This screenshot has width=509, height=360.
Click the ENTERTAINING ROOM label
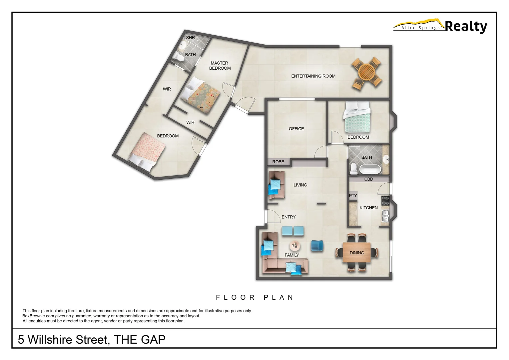(313, 76)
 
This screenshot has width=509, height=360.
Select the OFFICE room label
(296, 129)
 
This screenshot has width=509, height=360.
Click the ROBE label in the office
(278, 162)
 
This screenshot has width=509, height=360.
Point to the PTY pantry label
(353, 196)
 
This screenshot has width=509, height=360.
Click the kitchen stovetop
(385, 200)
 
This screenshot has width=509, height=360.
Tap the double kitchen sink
(385, 216)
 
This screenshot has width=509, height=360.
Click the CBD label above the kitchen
(368, 179)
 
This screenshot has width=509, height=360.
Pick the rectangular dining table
(357, 253)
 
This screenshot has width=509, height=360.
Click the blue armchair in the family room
(317, 246)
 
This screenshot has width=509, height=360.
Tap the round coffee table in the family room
(294, 246)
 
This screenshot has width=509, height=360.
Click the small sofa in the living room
(276, 185)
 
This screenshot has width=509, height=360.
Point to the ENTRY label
(288, 217)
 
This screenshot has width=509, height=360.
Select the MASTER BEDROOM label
(220, 66)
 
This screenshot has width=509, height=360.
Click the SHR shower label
(190, 38)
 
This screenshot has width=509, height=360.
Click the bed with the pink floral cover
(147, 152)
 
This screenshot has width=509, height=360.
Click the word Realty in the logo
(466, 26)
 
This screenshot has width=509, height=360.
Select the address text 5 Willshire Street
(63, 340)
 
